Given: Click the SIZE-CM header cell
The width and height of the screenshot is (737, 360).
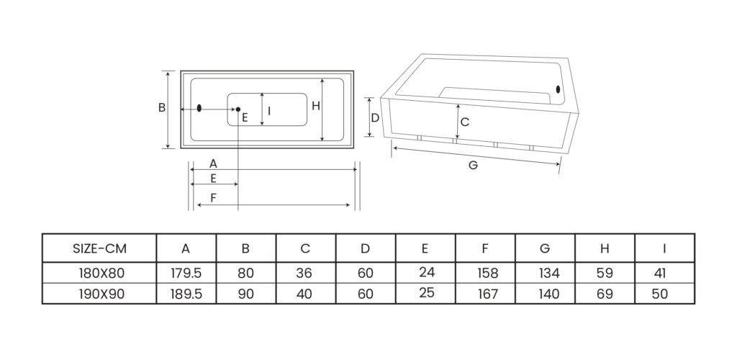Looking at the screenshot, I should pos(99,249).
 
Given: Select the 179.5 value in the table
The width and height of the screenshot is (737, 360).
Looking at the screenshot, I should pos(186,274).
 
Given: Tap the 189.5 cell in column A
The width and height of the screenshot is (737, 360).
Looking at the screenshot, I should pos(186,294).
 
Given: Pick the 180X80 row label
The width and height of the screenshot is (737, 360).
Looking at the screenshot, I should pos(99,274).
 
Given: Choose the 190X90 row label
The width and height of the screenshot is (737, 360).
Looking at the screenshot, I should pos(99,294).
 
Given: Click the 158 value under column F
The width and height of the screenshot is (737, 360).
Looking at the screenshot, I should pos(485,274).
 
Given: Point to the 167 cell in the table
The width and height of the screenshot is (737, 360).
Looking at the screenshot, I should pos(485,294).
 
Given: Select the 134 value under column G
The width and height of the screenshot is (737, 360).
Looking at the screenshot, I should pos(545,274).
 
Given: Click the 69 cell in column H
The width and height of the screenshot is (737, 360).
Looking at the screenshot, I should pos(605,294).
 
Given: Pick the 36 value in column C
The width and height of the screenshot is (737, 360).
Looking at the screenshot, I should pos(305,274).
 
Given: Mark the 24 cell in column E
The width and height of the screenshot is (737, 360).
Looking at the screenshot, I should pos(425,273).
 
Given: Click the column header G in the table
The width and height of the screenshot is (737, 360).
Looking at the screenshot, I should pos(545,249).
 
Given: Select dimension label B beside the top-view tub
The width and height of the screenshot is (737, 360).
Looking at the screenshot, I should pos(162,108).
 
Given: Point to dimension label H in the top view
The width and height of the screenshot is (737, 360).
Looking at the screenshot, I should pos(315,106).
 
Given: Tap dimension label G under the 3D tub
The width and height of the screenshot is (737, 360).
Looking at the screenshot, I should pos(473,165).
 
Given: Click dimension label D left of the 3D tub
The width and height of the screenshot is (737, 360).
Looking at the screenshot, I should pos(375,117).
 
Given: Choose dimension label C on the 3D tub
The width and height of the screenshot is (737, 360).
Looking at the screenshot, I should pos(465,122).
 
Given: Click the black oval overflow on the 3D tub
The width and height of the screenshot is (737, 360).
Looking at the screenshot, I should pos(558,89).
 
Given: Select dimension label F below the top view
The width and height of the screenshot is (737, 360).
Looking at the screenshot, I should pos(214,197).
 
